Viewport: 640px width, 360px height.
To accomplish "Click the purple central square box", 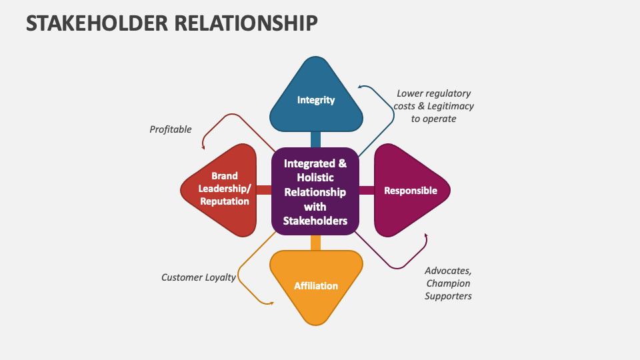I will coord(315,191).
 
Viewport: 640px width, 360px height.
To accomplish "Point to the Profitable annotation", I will coord(171,129).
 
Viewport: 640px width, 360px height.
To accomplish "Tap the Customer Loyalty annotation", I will coord(199,277).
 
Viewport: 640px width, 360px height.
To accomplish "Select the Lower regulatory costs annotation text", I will coord(433,106).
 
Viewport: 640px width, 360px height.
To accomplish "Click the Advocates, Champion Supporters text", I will coord(448,283).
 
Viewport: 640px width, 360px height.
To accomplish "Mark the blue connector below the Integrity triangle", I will coord(315,139).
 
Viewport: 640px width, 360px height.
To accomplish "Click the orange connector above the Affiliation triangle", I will coord(315,242).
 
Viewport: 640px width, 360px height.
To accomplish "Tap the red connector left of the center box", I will coord(264,191).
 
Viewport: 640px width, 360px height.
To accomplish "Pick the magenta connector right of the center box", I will coord(367,191).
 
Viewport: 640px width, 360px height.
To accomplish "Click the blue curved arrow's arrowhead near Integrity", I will coord(360,87).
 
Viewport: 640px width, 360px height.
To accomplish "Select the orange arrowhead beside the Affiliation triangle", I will coord(271,303).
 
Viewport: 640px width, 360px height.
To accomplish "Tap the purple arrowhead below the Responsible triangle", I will coord(425,236).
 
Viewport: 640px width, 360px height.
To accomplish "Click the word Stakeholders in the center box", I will coord(315,221).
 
